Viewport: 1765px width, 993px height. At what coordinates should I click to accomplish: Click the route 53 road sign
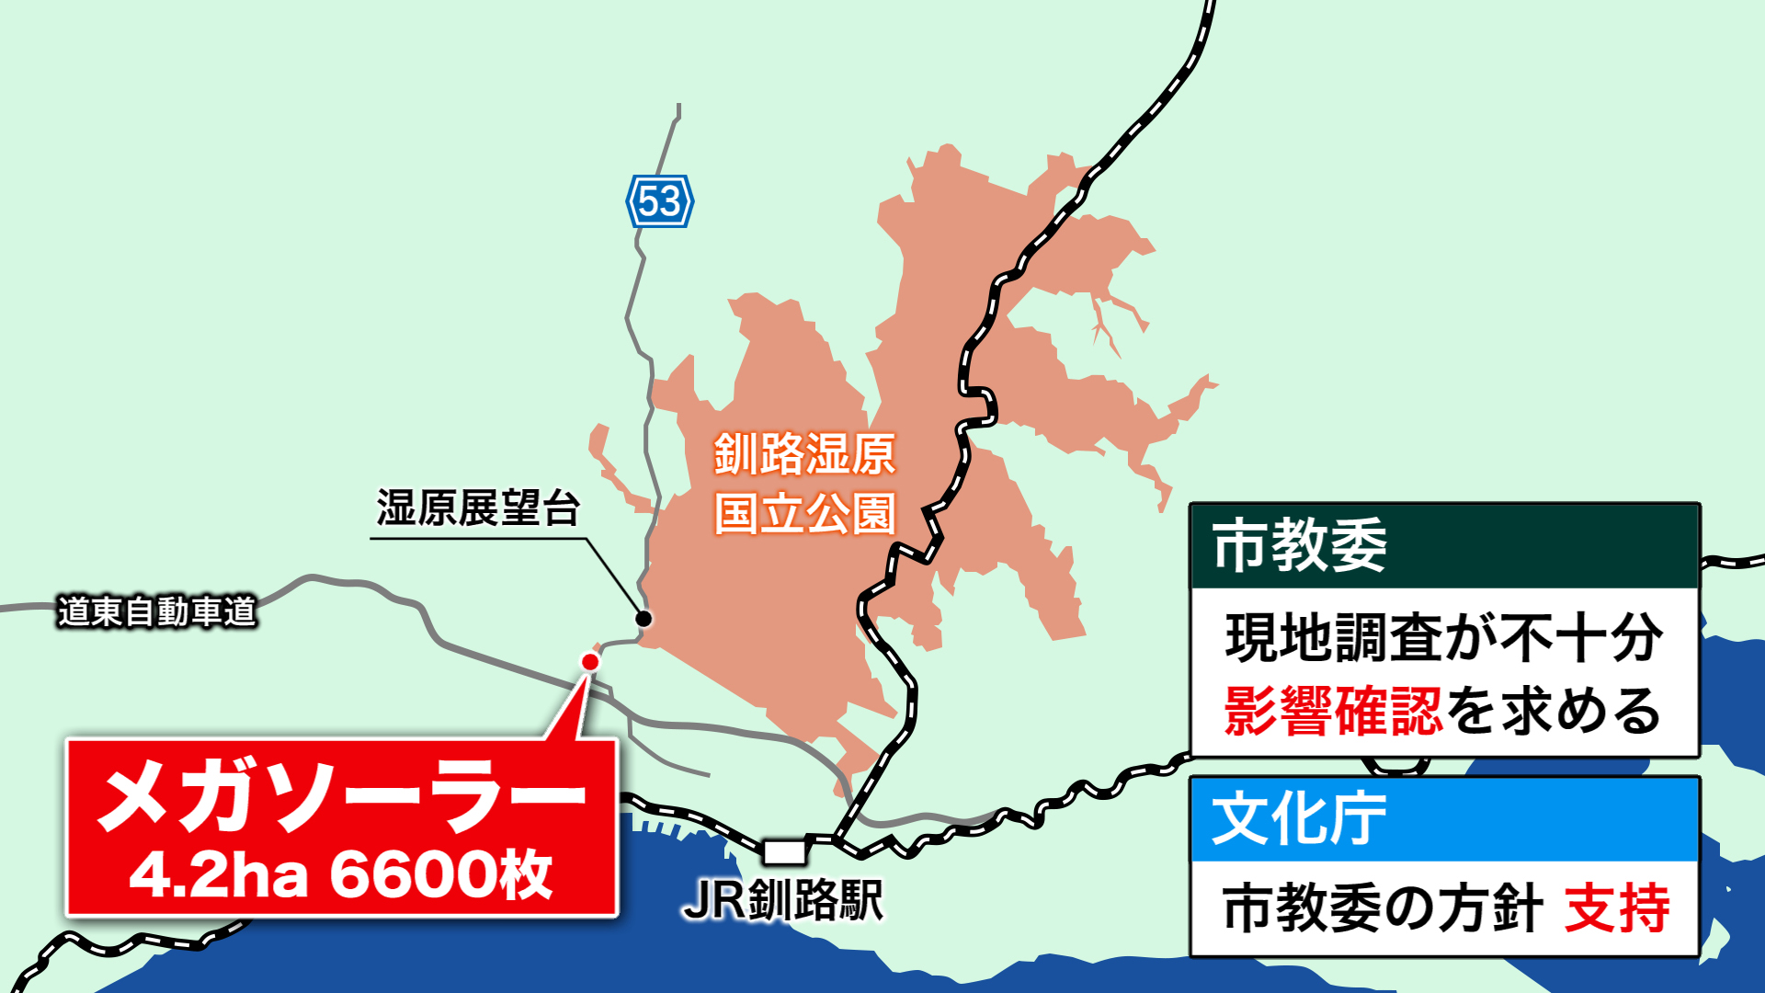click(x=659, y=201)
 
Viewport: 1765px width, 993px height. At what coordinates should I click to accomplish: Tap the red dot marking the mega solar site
click(x=590, y=661)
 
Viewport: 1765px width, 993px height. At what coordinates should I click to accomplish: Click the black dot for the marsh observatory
click(x=644, y=618)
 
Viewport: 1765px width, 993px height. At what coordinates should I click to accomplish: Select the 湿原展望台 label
click(x=477, y=508)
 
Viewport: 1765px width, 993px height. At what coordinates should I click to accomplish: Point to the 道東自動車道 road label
click(x=156, y=611)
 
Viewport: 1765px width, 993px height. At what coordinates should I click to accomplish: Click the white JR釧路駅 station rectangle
click(x=784, y=852)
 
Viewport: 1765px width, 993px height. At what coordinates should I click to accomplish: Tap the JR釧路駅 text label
click(x=783, y=900)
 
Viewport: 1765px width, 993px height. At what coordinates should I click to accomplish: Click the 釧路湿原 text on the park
click(x=804, y=454)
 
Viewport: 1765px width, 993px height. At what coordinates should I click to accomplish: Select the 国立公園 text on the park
click(x=804, y=513)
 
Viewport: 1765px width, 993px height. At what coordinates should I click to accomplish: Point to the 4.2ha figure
click(x=219, y=874)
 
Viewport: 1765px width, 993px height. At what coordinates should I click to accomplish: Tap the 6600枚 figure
click(x=441, y=874)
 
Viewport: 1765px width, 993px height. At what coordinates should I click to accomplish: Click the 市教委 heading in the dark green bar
click(x=1299, y=546)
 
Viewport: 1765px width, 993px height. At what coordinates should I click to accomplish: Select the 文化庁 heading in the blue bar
click(x=1299, y=819)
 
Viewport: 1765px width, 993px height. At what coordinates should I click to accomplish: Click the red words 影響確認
click(x=1333, y=711)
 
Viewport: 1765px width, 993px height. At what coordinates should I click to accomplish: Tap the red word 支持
click(x=1617, y=908)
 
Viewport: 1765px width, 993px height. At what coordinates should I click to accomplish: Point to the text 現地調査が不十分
click(x=1443, y=638)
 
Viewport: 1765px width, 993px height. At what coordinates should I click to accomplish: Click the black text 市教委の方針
click(x=1382, y=908)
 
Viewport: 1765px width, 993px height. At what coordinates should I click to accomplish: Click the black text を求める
click(x=1554, y=711)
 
